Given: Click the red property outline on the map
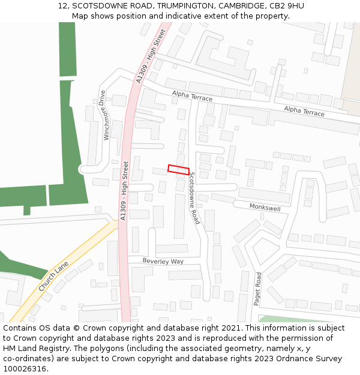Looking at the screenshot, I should click(x=178, y=170).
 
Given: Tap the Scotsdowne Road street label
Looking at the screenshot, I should click(x=193, y=199).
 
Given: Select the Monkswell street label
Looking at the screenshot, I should click(x=265, y=207).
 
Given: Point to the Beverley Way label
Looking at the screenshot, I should click(x=163, y=261).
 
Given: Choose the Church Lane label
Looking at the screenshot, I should click(x=53, y=277).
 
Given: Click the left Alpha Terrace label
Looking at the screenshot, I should click(x=192, y=95).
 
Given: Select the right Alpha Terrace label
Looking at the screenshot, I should click(x=304, y=111).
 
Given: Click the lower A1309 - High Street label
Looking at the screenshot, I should click(x=125, y=191).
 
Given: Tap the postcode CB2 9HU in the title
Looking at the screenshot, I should click(x=287, y=6).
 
